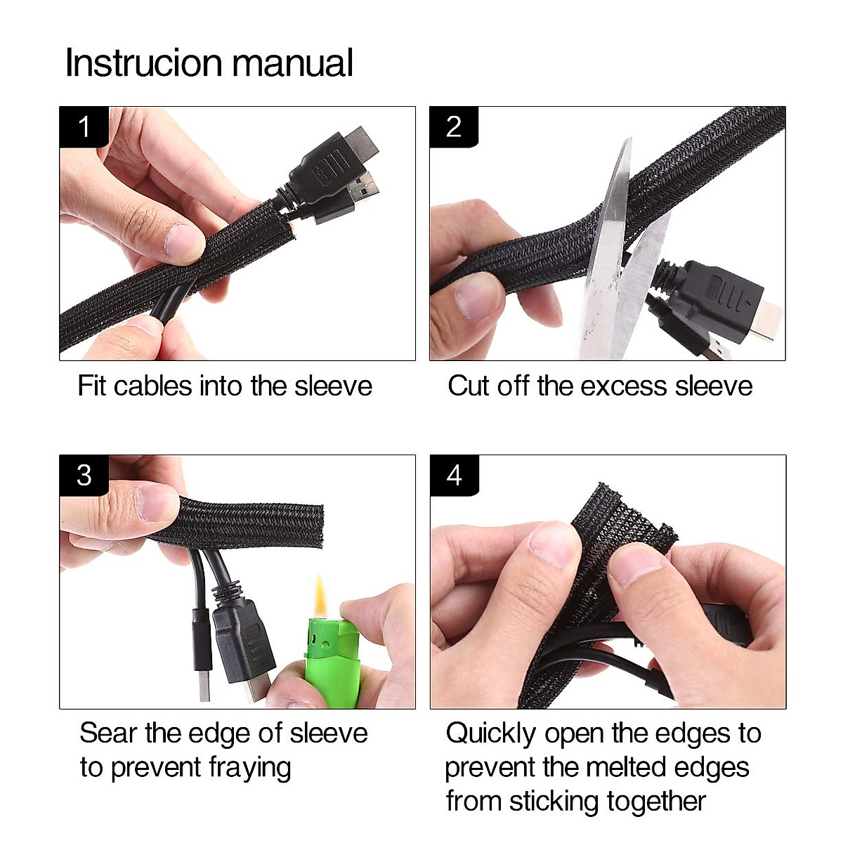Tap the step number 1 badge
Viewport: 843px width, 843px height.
pos(84,127)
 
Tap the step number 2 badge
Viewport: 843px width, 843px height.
pos(454,127)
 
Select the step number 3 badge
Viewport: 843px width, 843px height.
pos(84,476)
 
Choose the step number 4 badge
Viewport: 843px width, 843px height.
pos(454,476)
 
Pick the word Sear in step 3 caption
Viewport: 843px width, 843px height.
pos(109,733)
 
